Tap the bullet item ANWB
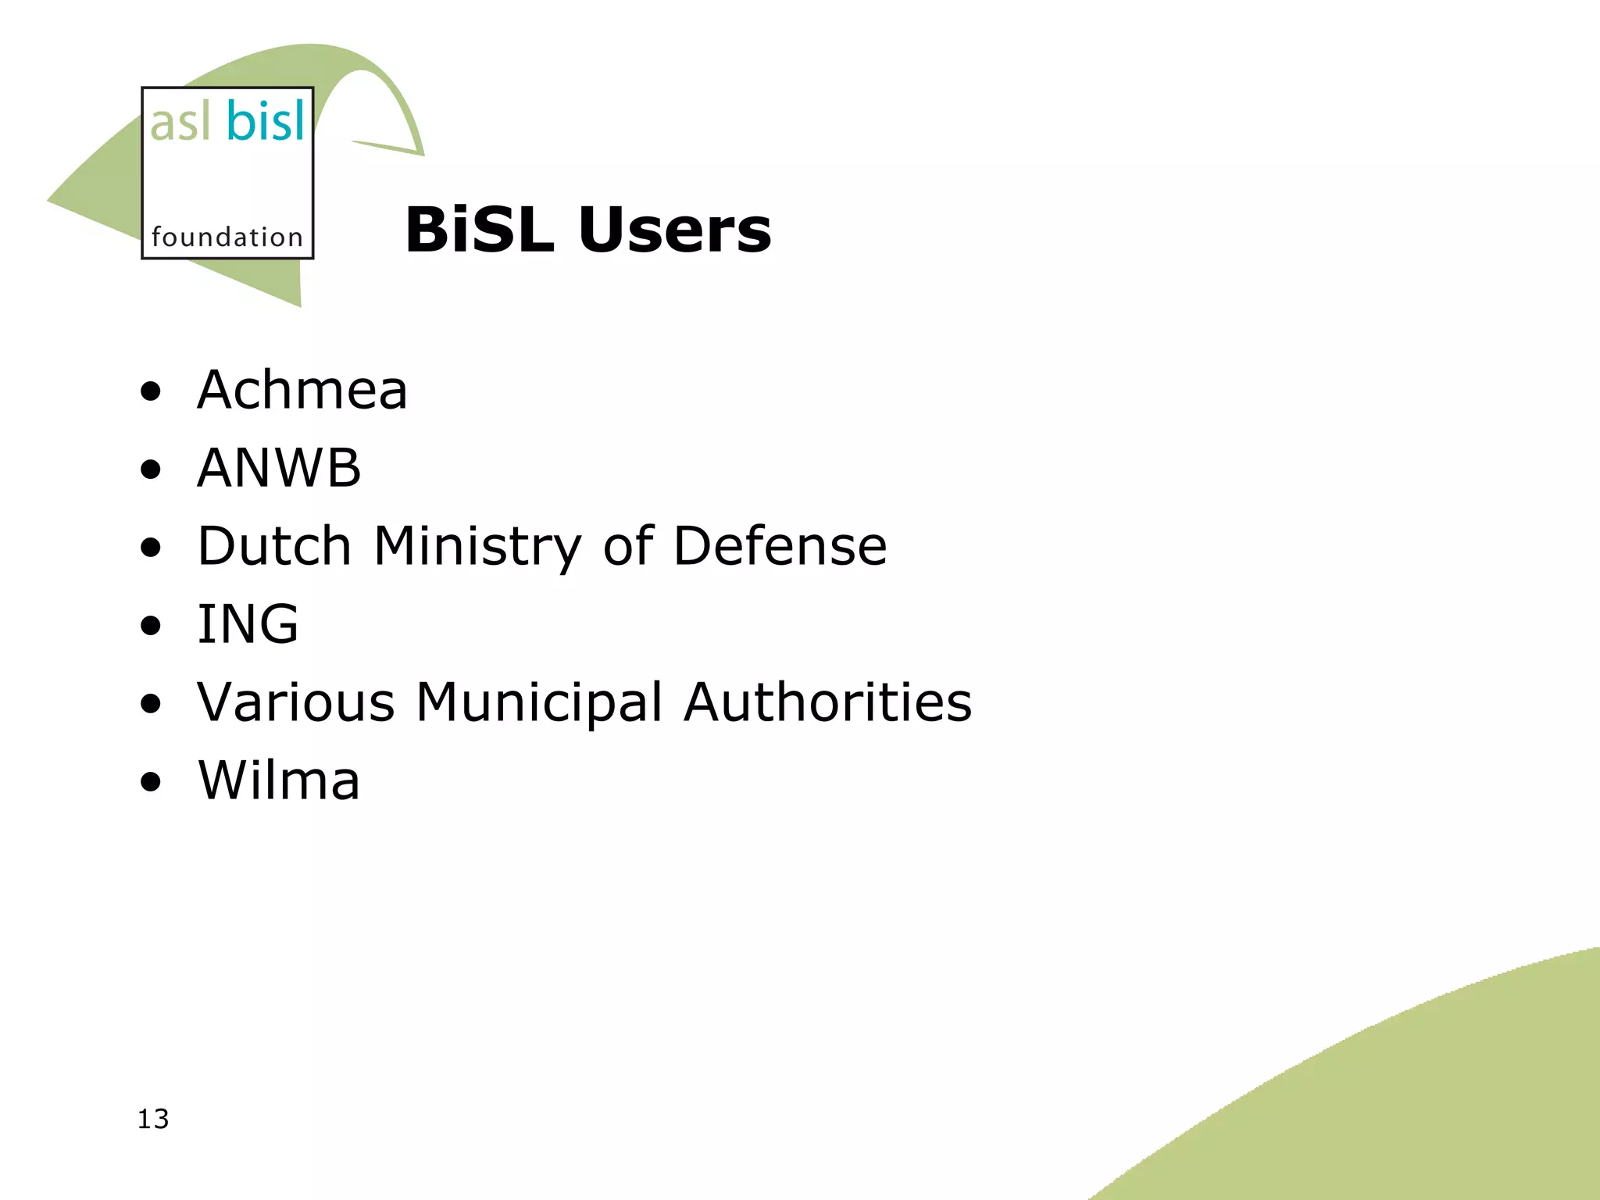click(x=279, y=468)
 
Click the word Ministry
click(x=477, y=547)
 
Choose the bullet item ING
click(x=248, y=624)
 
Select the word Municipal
click(x=539, y=703)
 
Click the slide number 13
click(x=153, y=1120)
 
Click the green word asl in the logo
click(x=180, y=123)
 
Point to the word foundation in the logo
click(x=227, y=237)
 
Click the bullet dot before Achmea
click(x=151, y=392)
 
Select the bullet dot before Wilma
click(x=151, y=782)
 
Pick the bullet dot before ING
click(x=151, y=626)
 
